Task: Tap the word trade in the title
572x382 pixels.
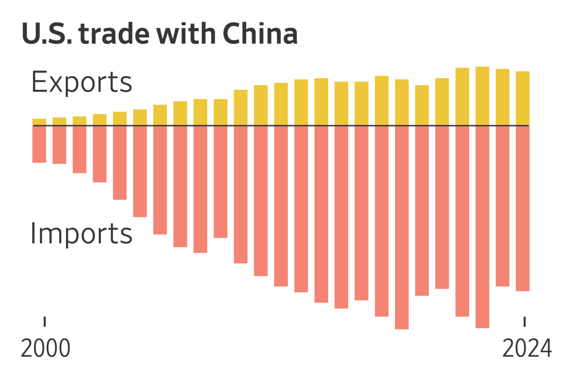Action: (x=114, y=34)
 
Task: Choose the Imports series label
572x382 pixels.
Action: (x=81, y=234)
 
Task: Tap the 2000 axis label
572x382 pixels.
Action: (x=46, y=349)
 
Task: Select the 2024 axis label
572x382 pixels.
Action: (x=527, y=349)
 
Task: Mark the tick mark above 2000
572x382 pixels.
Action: (x=45, y=321)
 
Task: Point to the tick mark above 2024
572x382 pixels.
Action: (x=525, y=321)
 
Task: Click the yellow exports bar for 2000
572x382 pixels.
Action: (x=39, y=122)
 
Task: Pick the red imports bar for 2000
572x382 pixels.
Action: (x=39, y=144)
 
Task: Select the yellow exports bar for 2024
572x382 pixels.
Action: (x=522, y=98)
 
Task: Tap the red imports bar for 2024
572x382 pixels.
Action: (x=522, y=208)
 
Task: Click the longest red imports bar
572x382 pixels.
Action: (x=402, y=227)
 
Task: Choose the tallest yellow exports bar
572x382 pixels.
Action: (x=482, y=96)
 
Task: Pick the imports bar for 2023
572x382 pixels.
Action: (x=502, y=206)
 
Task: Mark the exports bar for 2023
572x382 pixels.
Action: (x=502, y=97)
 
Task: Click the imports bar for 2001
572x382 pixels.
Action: (x=59, y=145)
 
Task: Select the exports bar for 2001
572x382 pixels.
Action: (x=59, y=122)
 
